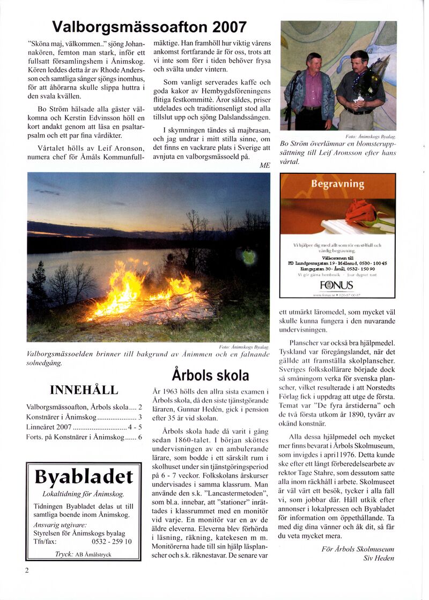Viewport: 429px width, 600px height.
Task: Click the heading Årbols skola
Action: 210,374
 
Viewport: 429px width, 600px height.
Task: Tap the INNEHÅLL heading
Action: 84,390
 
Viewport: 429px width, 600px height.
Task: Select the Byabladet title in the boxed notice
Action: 83,477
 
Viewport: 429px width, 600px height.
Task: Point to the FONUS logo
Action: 337,284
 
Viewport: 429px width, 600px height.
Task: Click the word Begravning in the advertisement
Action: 337,184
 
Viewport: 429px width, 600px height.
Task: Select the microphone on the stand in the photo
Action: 294,75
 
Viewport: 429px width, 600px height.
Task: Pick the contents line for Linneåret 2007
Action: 84,427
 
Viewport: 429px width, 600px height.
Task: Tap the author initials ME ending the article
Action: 264,165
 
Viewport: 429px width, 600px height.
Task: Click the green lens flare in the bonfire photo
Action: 247,257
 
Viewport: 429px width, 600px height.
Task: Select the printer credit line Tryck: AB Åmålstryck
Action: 83,554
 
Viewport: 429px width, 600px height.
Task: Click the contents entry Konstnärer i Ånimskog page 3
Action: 84,417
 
